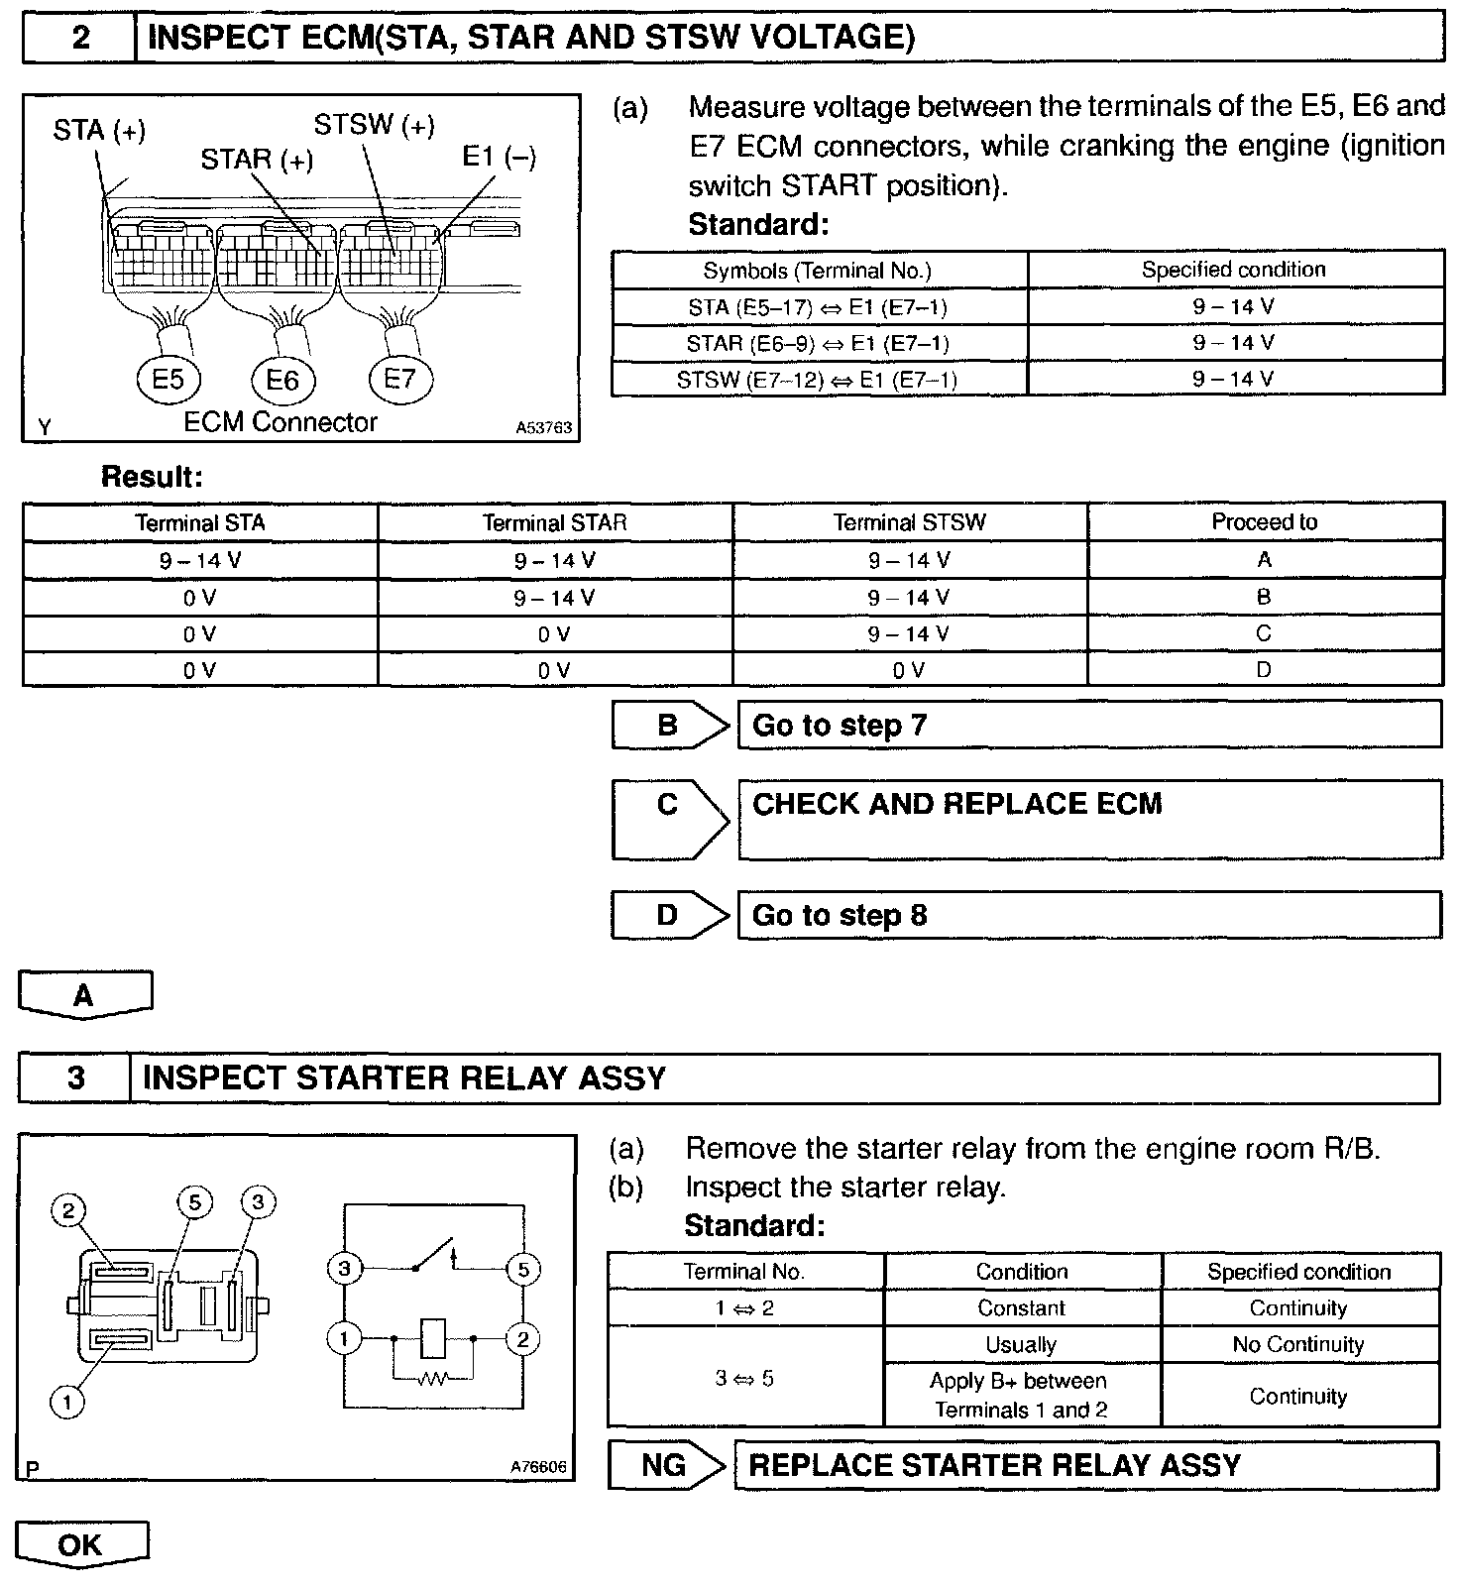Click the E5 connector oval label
click(168, 380)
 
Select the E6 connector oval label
click(282, 381)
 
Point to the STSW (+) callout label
click(374, 126)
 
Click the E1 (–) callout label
click(499, 157)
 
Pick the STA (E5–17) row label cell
click(818, 307)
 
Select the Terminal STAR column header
click(555, 522)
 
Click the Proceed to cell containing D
click(1264, 670)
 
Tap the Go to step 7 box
click(1088, 725)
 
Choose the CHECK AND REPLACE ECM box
click(1088, 818)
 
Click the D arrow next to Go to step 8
click(669, 915)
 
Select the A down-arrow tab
click(84, 994)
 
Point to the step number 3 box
click(75, 1077)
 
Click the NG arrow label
click(665, 1464)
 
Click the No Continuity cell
click(1298, 1344)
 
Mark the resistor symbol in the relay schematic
click(433, 1378)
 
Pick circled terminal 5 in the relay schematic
click(522, 1269)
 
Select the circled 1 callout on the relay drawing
click(66, 1402)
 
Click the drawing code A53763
click(543, 428)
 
